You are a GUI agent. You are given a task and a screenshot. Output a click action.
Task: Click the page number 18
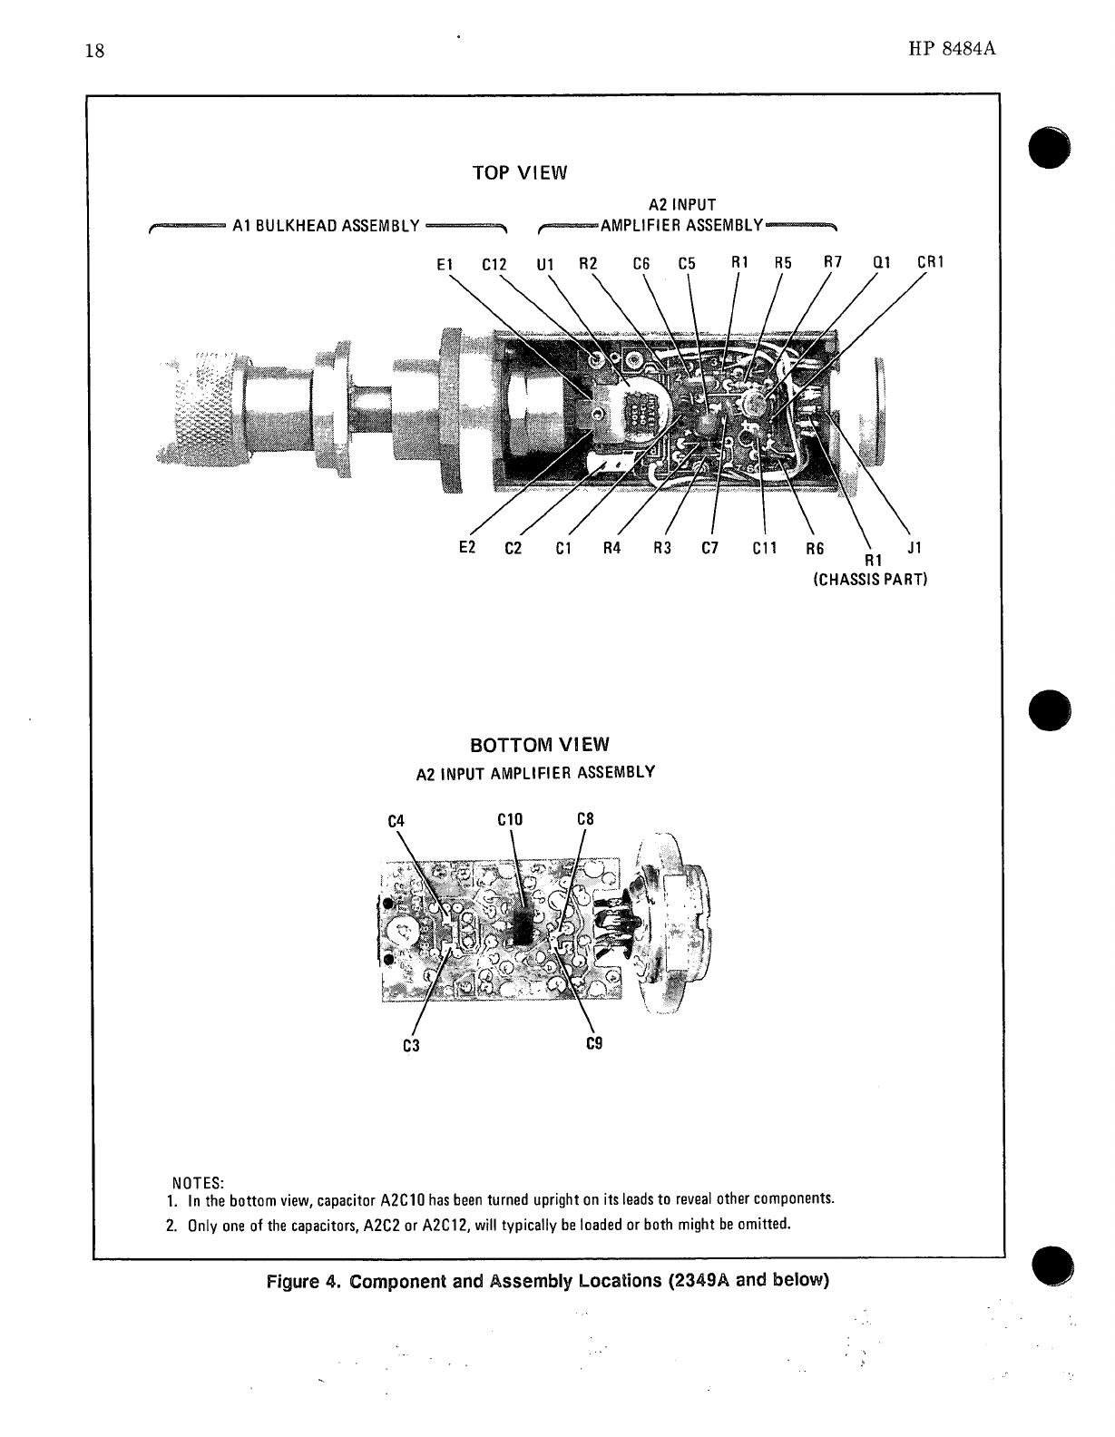pos(95,51)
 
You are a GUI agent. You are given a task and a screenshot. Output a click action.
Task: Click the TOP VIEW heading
pos(520,173)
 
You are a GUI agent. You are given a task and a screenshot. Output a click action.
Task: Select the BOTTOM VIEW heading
pos(540,745)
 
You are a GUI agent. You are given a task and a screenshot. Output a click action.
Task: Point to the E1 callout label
pos(444,265)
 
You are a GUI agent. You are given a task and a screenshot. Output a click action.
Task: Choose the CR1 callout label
pos(931,263)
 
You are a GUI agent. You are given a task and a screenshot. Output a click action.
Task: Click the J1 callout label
pos(914,548)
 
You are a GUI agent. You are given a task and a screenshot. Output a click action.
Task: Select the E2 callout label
pos(468,548)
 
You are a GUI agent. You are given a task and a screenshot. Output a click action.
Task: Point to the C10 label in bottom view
pos(511,820)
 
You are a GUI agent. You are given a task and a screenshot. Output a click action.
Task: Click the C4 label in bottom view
pos(395,822)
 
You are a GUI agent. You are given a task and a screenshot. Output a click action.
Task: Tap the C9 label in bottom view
pos(595,1043)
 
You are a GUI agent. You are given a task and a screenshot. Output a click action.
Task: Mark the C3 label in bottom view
pos(411,1045)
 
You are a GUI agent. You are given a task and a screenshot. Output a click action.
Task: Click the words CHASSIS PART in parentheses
pos(869,578)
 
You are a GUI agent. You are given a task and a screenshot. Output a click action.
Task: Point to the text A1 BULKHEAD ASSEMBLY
pos(326,226)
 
